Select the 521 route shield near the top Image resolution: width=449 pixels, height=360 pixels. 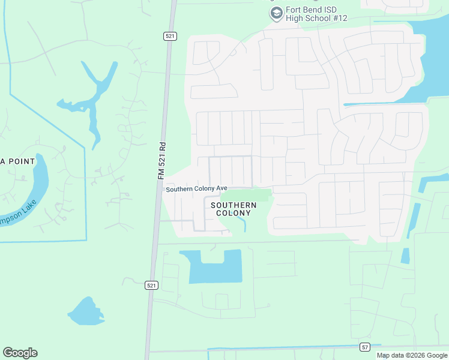pos(169,37)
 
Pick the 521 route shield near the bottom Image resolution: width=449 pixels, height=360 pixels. pos(152,286)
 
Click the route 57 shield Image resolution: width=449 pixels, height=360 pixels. pos(365,347)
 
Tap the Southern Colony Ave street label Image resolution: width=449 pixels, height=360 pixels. pos(196,189)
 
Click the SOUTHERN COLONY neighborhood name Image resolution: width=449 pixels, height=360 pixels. pos(234,209)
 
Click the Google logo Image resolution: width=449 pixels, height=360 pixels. pos(20,352)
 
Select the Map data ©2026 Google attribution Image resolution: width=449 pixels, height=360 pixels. pos(412,355)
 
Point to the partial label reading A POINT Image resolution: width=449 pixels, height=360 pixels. pos(11,161)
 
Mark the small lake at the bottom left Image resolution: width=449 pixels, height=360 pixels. pos(86,312)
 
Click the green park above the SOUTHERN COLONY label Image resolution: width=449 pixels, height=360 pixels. pos(246,195)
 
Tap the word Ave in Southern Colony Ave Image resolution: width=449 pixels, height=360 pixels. pos(221,189)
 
